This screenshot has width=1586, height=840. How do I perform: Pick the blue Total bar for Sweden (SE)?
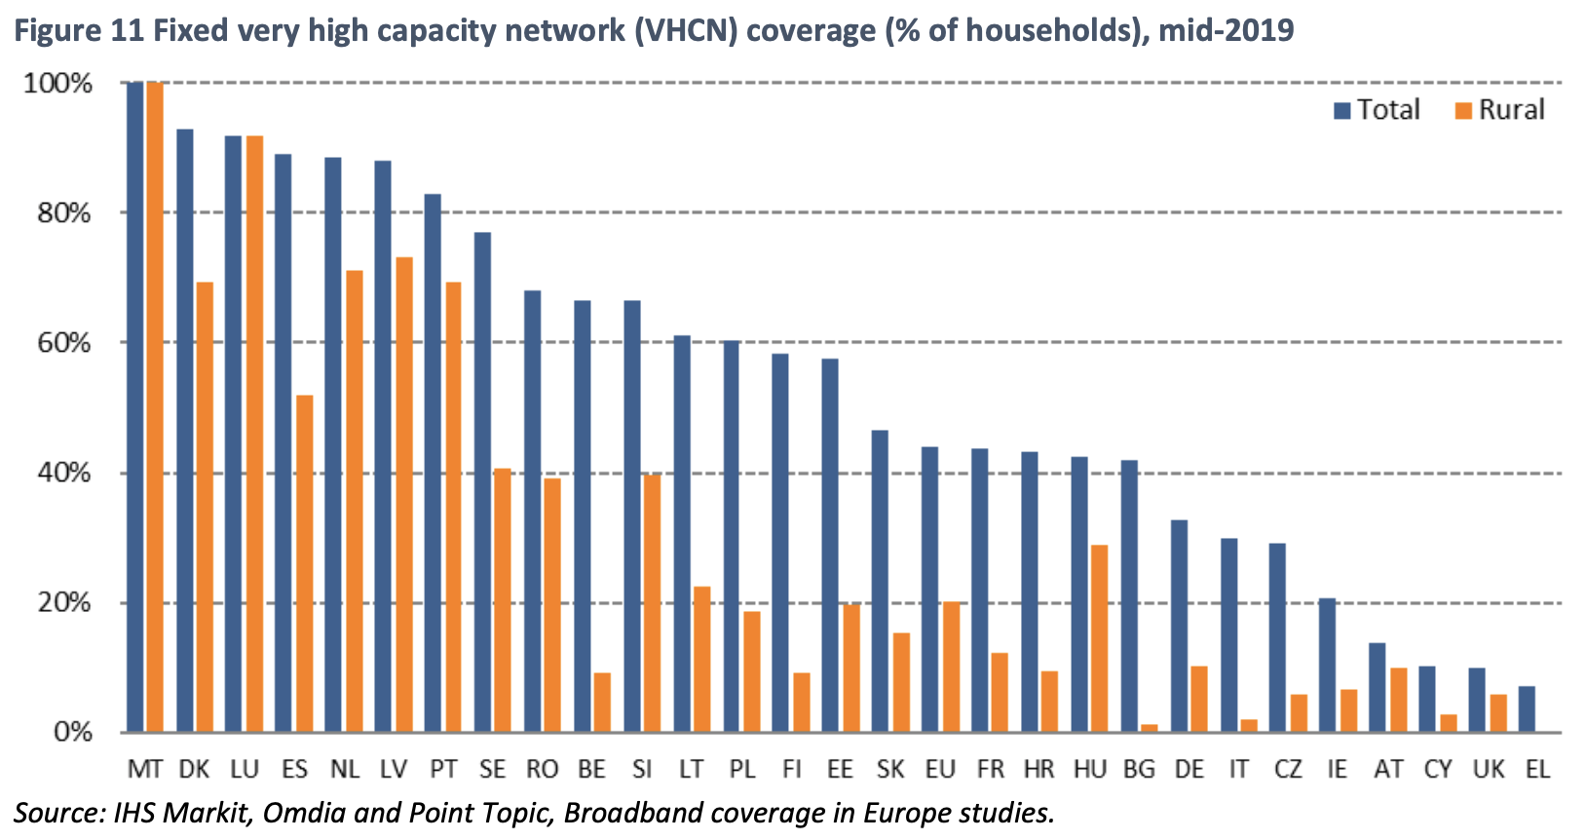pos(482,482)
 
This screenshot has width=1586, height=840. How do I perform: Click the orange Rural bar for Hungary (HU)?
pos(1099,638)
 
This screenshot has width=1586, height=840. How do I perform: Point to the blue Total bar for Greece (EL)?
pos(1527,709)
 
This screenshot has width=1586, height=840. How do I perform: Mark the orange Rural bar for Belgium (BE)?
pos(602,703)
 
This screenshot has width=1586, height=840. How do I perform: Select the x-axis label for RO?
pos(542,770)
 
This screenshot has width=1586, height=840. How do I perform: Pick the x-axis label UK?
pos(1488,770)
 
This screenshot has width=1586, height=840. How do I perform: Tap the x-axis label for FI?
pos(791,770)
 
